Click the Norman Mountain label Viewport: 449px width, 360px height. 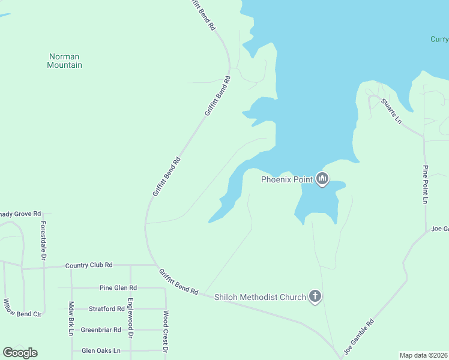64,61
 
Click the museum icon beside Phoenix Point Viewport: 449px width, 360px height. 322,179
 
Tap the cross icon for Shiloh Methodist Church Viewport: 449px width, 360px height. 315,296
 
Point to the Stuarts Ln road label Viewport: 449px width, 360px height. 391,110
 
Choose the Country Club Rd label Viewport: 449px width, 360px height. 89,265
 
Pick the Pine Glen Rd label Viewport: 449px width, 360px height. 118,288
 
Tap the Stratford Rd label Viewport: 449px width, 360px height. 106,309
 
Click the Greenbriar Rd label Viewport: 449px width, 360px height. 101,329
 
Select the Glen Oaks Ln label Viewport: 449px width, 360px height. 101,350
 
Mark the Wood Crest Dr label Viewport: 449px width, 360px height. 166,331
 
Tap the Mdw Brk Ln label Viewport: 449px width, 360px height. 71,318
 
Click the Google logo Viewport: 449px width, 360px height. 20,353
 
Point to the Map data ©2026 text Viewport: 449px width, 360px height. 423,355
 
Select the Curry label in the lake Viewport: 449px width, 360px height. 439,40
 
